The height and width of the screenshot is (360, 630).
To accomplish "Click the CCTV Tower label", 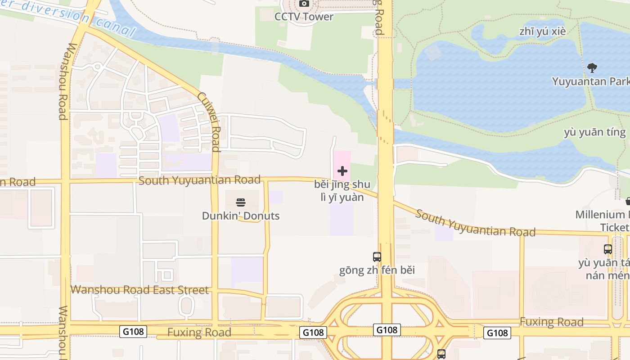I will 304,17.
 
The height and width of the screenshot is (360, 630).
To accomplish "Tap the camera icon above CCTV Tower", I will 304,4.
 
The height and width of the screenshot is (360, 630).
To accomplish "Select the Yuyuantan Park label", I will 590,81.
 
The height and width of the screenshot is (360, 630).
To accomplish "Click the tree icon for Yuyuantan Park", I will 592,68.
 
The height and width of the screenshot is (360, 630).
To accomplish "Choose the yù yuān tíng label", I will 594,132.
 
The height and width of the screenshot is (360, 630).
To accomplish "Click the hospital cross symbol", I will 342,171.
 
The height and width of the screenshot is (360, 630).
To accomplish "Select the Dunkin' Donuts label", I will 241,216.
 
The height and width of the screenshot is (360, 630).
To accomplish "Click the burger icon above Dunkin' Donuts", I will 241,202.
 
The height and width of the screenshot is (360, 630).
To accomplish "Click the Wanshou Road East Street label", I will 139,290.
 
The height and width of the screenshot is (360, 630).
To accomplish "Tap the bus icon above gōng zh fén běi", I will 377,257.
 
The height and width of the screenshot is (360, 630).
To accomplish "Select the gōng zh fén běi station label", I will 377,270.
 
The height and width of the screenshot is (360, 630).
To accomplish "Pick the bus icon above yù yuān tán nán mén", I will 608,249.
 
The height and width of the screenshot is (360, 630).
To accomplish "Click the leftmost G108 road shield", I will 134,332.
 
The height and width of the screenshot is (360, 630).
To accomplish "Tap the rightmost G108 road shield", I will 497,333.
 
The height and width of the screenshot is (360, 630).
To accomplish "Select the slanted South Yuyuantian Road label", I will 475,223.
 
